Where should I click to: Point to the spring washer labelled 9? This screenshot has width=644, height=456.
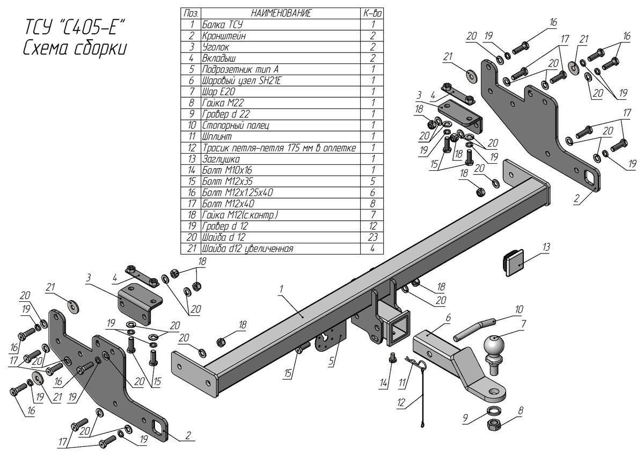tap(493, 412)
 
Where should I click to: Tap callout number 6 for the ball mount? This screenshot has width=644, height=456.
tap(448, 317)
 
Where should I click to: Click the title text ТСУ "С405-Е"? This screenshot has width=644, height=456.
tap(75, 28)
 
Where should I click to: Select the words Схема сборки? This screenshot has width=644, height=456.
tap(75, 48)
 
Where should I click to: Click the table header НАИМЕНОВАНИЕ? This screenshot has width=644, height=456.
tap(280, 13)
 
